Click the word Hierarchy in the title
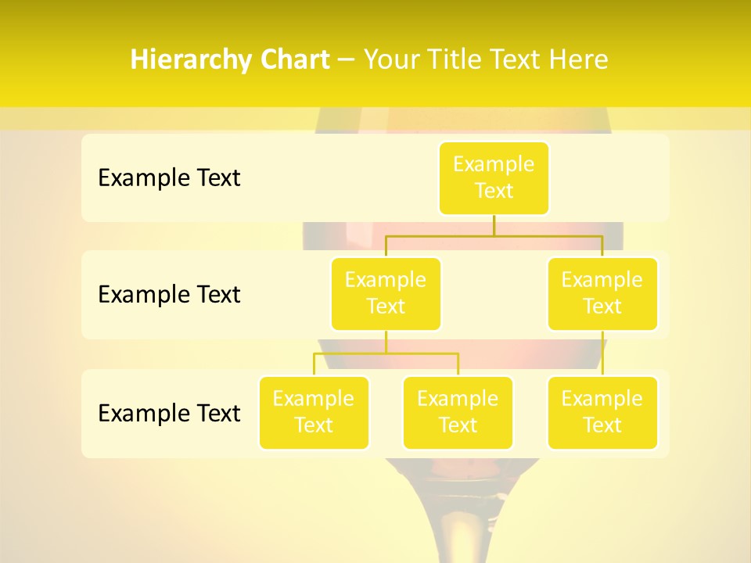(181, 60)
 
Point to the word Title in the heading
(459, 60)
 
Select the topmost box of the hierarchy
(494, 178)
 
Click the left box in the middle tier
(386, 293)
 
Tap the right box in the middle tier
(602, 293)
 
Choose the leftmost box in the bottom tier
(314, 412)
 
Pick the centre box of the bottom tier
(458, 412)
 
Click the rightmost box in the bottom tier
(602, 412)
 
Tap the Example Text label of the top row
(169, 178)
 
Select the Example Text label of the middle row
(169, 294)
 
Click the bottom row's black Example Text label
(169, 413)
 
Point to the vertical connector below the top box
(494, 225)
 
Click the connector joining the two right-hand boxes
(602, 353)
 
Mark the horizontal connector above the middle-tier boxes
(494, 235)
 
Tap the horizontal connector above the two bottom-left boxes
(386, 353)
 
